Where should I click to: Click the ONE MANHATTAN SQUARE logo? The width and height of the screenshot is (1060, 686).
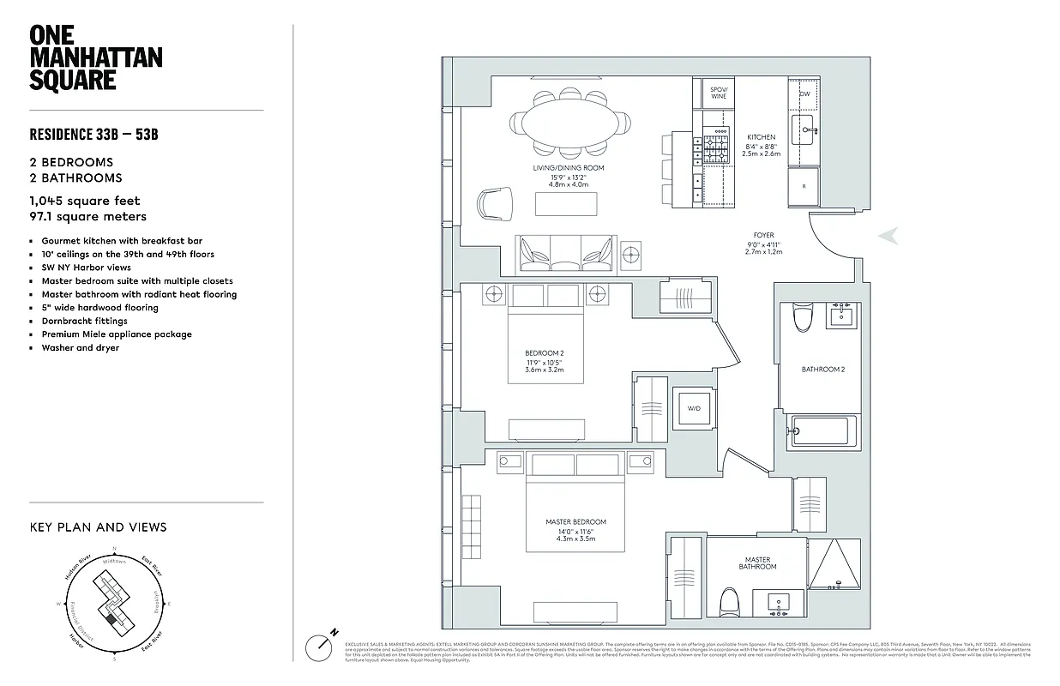click(95, 57)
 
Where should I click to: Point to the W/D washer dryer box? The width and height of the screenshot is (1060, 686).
click(694, 409)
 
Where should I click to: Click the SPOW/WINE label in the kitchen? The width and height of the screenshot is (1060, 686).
click(719, 93)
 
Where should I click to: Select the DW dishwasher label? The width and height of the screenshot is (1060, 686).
click(804, 94)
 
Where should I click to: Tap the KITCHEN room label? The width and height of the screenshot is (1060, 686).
click(761, 137)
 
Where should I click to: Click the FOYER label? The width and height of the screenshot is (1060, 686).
click(763, 235)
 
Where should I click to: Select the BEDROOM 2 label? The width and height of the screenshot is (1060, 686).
click(544, 353)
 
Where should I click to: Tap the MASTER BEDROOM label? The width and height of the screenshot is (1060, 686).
click(575, 522)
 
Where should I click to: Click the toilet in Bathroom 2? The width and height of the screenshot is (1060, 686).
click(803, 317)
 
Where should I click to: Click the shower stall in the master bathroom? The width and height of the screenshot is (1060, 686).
click(834, 564)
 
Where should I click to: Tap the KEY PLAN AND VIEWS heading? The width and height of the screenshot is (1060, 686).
click(99, 527)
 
